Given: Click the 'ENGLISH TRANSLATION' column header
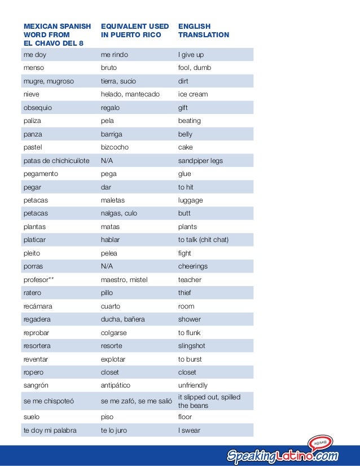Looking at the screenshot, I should (203, 30).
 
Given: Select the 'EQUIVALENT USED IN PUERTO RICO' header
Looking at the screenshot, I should (134, 30).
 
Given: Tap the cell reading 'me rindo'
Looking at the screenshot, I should (114, 55).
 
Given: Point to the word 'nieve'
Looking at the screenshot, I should (32, 94).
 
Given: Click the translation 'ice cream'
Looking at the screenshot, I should (193, 94).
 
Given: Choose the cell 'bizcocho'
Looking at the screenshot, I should (115, 147).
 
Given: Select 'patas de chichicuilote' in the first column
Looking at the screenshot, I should (56, 161).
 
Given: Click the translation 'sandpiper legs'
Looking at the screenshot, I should (200, 161).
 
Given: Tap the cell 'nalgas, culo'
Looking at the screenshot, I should (118, 213).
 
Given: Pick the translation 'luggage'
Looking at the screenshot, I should (190, 200).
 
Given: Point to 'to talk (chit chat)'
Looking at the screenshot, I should (203, 240).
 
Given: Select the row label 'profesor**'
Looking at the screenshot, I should (39, 280).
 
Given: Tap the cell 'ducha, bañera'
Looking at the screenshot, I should (122, 319).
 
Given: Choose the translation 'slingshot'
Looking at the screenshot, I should (192, 346).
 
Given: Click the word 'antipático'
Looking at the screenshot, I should (115, 385).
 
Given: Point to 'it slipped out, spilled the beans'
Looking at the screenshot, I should (209, 401).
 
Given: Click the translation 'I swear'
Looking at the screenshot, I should (189, 430).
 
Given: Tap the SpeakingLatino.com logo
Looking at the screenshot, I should (282, 455).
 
